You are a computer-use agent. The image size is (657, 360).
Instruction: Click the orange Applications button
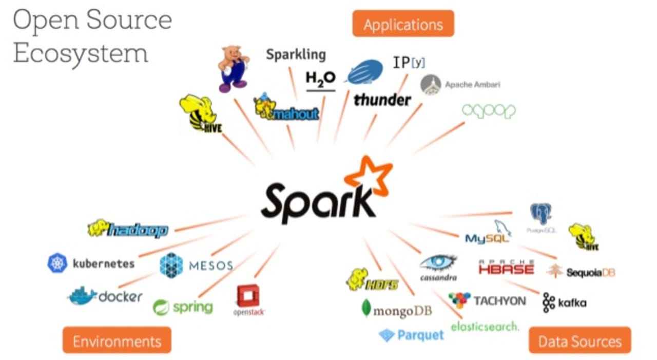coord(403,24)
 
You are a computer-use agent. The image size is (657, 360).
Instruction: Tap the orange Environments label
coord(117,341)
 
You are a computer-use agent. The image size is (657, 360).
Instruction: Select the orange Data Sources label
coord(579,341)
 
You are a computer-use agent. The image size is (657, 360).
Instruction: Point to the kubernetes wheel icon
coord(57,263)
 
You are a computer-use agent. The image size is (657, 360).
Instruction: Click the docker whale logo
coord(82,296)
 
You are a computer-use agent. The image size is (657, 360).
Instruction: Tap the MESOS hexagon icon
coord(171,265)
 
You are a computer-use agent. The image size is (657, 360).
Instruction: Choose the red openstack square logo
coord(248,296)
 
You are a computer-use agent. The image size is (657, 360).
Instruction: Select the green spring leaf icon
coord(161,307)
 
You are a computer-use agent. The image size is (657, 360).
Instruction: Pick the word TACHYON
coord(499,300)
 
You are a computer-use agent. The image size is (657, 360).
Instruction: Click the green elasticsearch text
coord(485,326)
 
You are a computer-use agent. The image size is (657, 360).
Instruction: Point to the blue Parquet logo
coord(411,335)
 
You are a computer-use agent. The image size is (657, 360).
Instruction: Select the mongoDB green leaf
coord(366,308)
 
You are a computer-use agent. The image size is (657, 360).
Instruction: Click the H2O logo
coord(320,80)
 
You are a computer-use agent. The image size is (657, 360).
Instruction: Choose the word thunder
coord(382,100)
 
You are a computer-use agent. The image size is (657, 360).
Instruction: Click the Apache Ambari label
coord(472,84)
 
